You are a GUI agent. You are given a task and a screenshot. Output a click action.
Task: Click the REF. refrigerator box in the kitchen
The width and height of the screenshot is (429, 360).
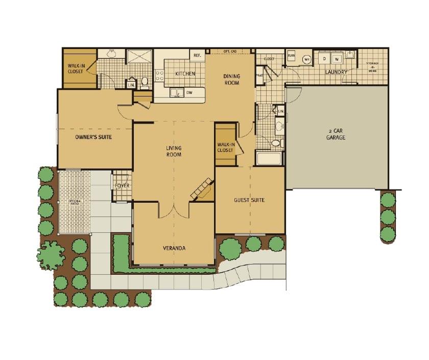(x=197, y=55)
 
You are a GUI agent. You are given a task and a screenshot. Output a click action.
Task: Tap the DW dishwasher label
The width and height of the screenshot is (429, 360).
(x=189, y=92)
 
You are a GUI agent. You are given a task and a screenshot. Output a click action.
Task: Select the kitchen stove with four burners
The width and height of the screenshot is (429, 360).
(x=159, y=76)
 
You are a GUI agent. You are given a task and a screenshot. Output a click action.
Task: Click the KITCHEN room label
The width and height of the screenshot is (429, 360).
(x=185, y=74)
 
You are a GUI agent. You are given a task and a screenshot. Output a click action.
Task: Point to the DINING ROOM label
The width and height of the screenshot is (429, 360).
(x=231, y=80)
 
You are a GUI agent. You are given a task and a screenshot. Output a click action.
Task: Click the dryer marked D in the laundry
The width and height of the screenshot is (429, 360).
(x=323, y=59)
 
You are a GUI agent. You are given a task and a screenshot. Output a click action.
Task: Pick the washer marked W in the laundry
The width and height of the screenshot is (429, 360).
(x=337, y=59)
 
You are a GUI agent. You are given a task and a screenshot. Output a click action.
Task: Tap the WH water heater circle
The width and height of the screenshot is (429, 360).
(x=306, y=59)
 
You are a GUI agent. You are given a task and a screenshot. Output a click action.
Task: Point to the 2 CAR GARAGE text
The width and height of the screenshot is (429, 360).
(x=336, y=134)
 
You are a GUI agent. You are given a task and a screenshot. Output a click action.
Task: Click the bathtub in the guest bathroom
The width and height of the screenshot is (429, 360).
(x=269, y=158)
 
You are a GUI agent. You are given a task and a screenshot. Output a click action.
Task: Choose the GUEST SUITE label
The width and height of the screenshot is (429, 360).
(x=249, y=200)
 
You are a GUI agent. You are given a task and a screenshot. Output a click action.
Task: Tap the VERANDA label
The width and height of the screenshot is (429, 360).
(x=174, y=248)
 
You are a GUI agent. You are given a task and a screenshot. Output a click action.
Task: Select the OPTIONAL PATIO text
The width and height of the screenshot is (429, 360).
(x=75, y=203)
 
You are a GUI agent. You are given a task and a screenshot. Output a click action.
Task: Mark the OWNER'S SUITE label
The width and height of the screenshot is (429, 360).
(x=93, y=137)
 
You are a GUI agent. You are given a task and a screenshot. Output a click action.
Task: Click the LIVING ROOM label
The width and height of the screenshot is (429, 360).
(x=174, y=151)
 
